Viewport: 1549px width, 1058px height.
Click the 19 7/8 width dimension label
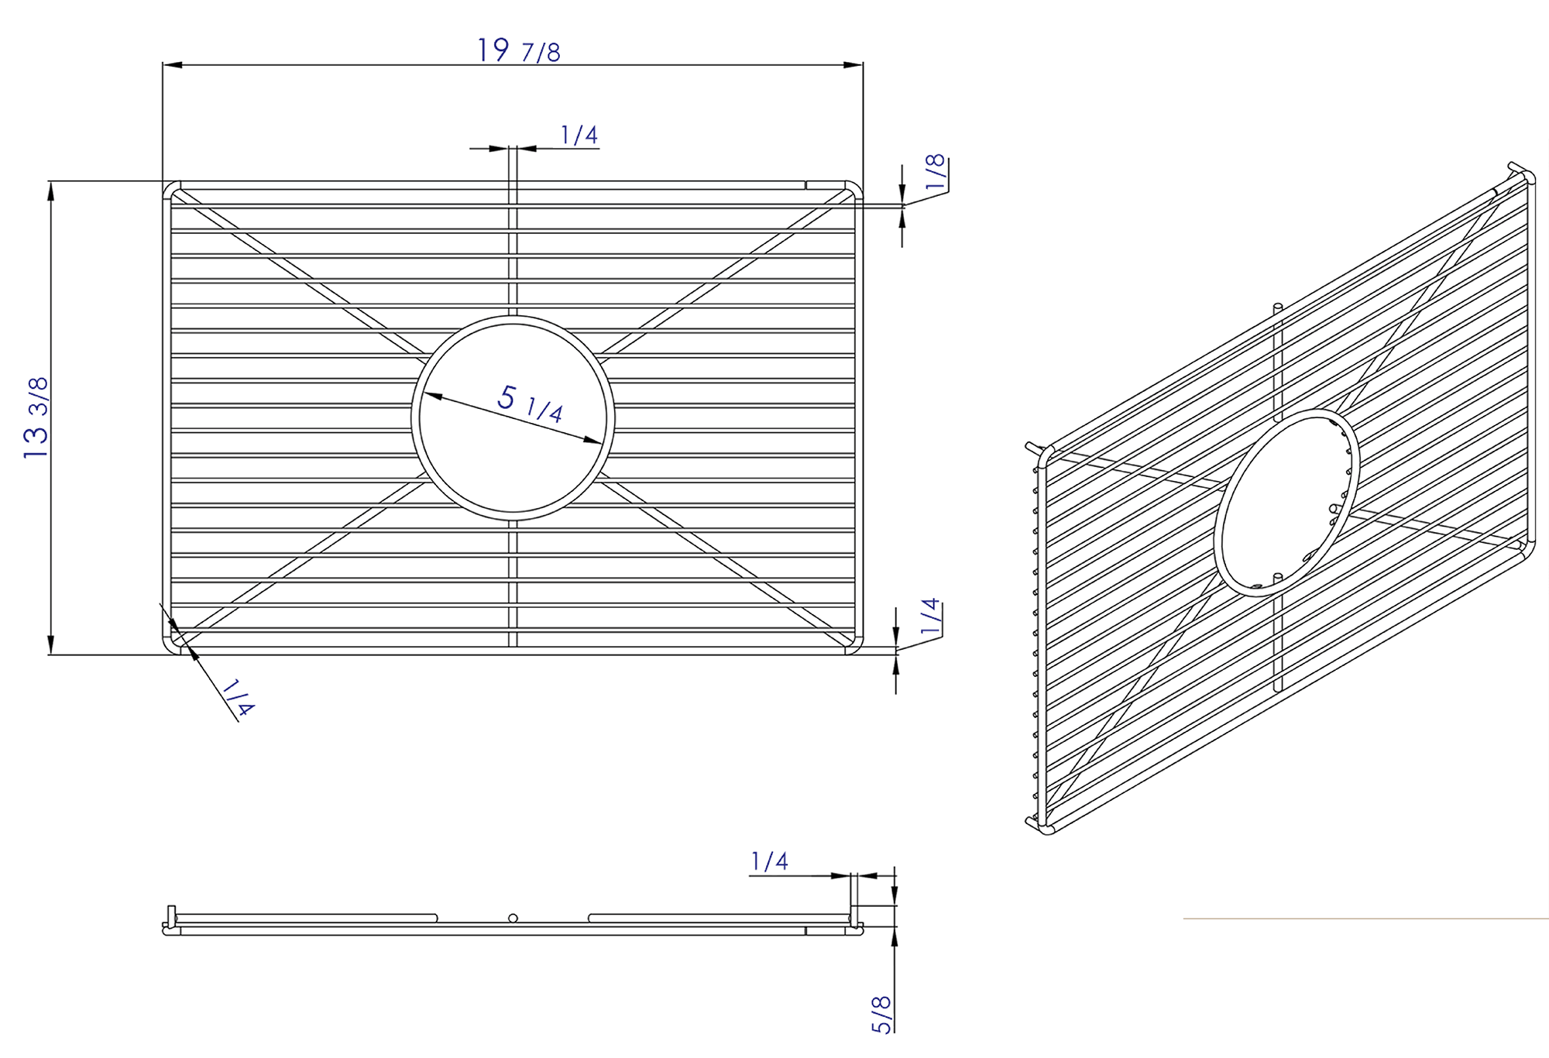pyautogui.click(x=518, y=51)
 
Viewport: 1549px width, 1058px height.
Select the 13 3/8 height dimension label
pyautogui.click(x=36, y=417)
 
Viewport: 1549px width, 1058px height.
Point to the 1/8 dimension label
pyautogui.click(x=936, y=172)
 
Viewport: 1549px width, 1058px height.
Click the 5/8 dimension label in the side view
pyautogui.click(x=882, y=1015)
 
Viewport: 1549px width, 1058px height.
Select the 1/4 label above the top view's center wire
pyautogui.click(x=579, y=136)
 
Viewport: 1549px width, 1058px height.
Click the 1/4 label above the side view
pyautogui.click(x=769, y=861)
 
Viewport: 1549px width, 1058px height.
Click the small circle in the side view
pyautogui.click(x=513, y=919)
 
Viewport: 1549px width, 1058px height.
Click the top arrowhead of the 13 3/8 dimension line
pyautogui.click(x=51, y=191)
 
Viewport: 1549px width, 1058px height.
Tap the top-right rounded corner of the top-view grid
pyautogui.click(x=855, y=188)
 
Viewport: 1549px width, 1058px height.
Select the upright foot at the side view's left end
pyautogui.click(x=171, y=914)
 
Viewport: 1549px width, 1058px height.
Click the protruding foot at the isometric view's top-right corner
pyautogui.click(x=1516, y=168)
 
